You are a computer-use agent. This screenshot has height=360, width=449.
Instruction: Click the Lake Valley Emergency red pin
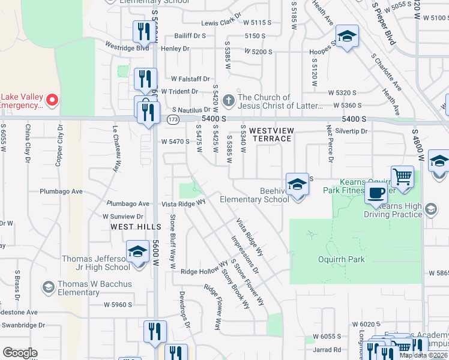pos(52,100)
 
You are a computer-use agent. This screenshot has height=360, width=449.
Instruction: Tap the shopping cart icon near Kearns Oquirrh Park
pos(402,177)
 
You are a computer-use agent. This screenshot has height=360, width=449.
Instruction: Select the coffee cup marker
pos(376,193)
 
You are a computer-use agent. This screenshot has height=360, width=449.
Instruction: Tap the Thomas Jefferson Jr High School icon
pos(137,251)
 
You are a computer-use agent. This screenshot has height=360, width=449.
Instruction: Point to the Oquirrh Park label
pos(341,259)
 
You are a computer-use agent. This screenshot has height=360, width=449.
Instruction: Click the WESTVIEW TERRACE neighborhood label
pos(270,134)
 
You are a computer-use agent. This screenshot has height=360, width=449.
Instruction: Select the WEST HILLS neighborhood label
pos(136,226)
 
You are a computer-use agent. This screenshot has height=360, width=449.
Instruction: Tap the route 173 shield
pos(172,121)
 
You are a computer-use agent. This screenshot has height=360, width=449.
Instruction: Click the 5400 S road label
pos(214,120)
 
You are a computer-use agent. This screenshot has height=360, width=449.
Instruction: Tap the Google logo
pos(20,353)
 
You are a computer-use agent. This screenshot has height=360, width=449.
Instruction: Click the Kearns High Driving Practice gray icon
pos(430,209)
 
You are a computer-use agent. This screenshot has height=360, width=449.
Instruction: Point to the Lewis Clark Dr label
pos(221,23)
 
